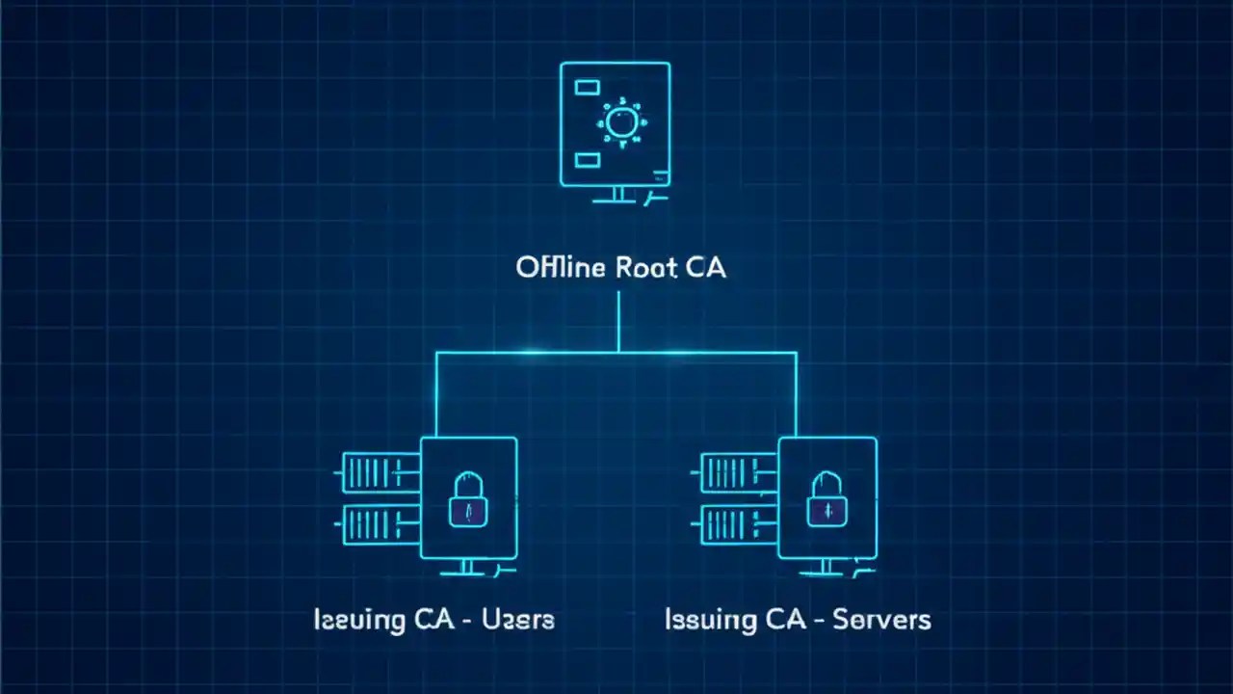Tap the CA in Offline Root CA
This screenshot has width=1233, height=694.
coord(705,267)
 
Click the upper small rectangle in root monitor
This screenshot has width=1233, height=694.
coord(587,88)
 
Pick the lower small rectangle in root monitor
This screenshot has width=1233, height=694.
coord(587,160)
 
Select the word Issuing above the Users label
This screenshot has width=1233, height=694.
coord(357,619)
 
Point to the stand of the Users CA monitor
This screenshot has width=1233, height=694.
coord(468,568)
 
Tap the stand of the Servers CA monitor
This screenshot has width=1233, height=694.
coord(826,568)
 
